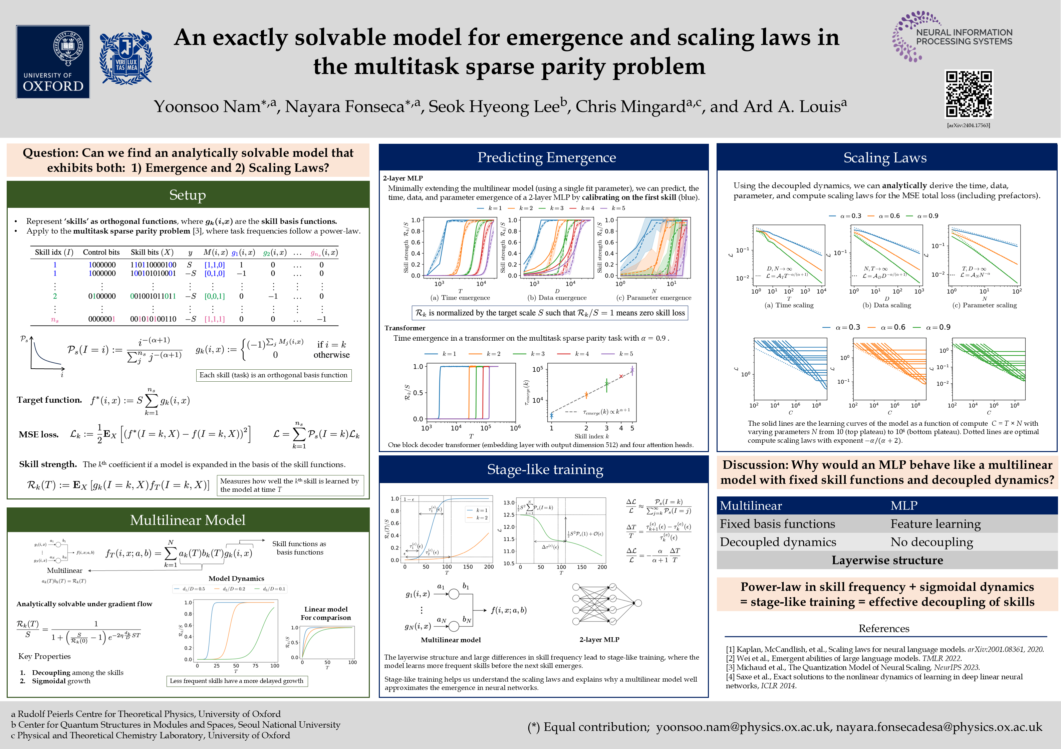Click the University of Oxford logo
[53, 61]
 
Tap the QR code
[969, 94]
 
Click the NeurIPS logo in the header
[952, 36]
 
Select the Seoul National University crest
[126, 58]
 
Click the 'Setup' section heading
[188, 195]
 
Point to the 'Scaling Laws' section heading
[885, 158]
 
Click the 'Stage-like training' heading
[545, 470]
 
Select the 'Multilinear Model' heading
[188, 520]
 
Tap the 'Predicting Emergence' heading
[546, 157]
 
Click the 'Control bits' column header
[101, 252]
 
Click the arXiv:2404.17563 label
[969, 125]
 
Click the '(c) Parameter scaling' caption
[984, 305]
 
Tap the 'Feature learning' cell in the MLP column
[935, 524]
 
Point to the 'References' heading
[883, 629]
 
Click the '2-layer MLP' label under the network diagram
[599, 640]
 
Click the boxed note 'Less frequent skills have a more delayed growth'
[237, 681]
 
